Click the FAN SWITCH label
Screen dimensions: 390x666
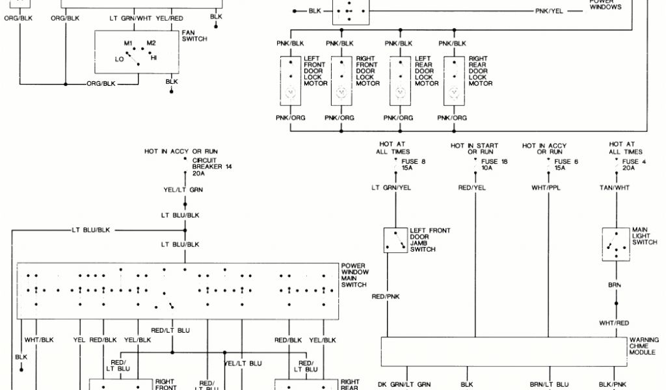(x=194, y=36)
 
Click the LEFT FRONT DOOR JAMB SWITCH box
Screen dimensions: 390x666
(x=394, y=240)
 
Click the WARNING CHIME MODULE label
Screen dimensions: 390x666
(x=644, y=346)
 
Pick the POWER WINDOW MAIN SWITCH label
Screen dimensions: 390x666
(x=354, y=274)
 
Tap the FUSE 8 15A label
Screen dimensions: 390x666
(x=414, y=164)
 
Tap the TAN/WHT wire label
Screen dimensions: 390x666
(x=614, y=188)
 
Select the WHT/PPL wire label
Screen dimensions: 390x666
(x=546, y=188)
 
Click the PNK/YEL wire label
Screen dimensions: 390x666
(x=549, y=12)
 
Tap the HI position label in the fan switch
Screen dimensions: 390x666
(x=154, y=58)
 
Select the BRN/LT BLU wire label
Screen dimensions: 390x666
(x=549, y=385)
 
